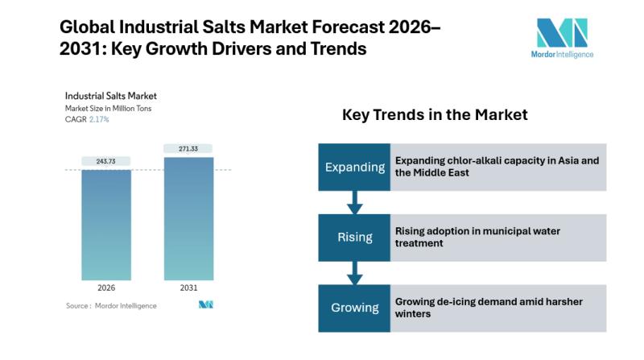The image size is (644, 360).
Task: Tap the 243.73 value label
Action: [x=106, y=162]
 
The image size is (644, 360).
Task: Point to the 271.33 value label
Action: [x=189, y=149]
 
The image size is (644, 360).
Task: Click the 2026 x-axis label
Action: [x=106, y=288]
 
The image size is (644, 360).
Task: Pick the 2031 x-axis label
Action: [x=189, y=288]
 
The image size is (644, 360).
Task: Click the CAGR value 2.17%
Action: [x=99, y=119]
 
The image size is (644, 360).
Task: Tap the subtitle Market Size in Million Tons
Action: [x=108, y=109]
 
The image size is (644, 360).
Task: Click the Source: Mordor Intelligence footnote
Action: [x=111, y=305]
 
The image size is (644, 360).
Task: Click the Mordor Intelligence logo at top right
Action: [x=563, y=38]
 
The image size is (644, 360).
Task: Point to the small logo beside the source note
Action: [x=205, y=305]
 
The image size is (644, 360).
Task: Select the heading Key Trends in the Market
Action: [x=435, y=115]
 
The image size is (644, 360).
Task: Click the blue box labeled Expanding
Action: [x=354, y=168]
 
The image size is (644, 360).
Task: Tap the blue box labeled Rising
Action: [x=354, y=238]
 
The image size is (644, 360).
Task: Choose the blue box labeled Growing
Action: [x=354, y=308]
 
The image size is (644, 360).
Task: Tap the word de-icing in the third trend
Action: [x=457, y=301]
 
